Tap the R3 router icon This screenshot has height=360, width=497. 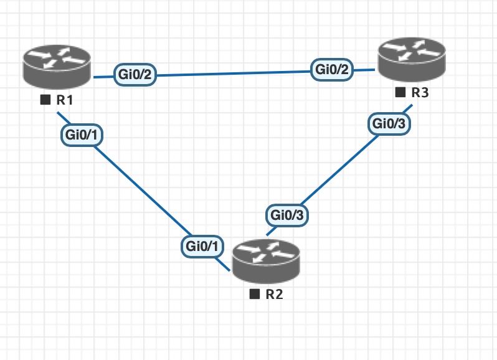[410, 61]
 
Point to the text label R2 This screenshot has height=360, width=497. [274, 294]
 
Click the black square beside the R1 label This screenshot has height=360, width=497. [45, 100]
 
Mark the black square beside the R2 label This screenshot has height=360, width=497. [254, 294]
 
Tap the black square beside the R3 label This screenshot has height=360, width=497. [399, 93]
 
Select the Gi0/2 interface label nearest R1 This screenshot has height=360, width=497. [135, 75]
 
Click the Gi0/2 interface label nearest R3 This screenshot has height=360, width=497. [333, 70]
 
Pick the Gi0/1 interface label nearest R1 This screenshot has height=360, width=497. [81, 134]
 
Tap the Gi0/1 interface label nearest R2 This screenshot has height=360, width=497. [202, 246]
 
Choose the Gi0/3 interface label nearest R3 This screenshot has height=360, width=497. [389, 124]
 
